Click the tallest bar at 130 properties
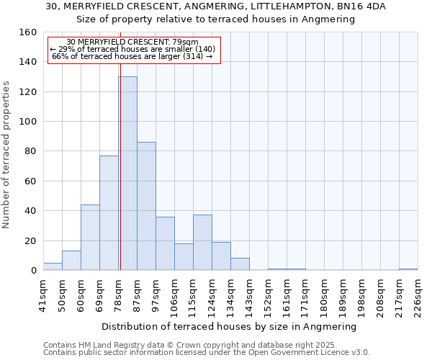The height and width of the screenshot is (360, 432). pyautogui.click(x=127, y=173)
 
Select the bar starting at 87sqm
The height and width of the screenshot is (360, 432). pyautogui.click(x=146, y=206)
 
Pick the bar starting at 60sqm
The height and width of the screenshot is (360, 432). pyautogui.click(x=90, y=238)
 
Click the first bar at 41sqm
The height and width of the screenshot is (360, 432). pyautogui.click(x=53, y=266)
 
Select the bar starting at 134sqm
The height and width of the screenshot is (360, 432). pyautogui.click(x=240, y=264)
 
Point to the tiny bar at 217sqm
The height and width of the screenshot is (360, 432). pyautogui.click(x=408, y=269)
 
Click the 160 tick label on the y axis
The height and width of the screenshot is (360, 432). pyautogui.click(x=28, y=32)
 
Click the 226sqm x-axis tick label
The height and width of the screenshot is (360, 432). pyautogui.click(x=418, y=295)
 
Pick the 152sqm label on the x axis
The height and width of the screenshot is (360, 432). pyautogui.click(x=268, y=295)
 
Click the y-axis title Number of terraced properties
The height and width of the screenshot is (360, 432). pyautogui.click(x=6, y=155)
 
